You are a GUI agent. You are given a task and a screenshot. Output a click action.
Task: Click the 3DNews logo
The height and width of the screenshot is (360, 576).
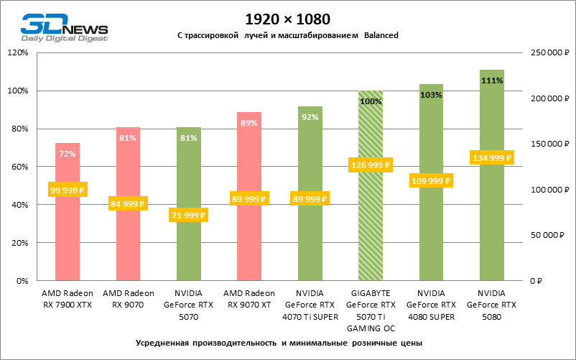63,29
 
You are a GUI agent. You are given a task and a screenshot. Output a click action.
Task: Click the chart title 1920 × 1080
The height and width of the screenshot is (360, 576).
287,17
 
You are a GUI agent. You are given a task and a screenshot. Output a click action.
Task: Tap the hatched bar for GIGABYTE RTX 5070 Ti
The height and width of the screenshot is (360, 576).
371,230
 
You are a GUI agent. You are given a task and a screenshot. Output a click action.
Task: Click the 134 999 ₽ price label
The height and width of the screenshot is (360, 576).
492,158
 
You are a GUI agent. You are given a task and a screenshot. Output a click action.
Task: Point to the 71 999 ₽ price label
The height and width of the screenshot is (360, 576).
188,215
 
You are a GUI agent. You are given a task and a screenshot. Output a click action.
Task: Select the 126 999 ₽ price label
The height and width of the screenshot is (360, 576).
371,165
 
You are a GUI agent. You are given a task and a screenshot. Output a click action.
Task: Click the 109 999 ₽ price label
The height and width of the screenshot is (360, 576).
431,180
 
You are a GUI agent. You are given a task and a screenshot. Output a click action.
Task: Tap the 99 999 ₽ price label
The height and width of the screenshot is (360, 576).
68,190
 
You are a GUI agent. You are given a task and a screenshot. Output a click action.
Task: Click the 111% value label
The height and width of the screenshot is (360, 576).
492,80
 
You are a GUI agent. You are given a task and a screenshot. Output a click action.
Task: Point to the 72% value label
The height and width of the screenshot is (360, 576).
68,154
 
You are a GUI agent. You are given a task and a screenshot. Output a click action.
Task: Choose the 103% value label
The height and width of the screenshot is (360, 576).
431,95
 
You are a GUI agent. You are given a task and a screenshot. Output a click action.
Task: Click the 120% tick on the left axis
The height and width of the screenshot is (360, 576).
17,52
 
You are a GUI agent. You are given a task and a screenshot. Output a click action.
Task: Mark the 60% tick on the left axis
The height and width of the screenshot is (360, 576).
19,167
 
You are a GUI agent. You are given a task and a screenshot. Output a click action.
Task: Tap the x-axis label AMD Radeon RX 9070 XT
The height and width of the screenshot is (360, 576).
249,299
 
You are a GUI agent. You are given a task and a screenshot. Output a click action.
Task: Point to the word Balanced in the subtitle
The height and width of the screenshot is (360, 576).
381,35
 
